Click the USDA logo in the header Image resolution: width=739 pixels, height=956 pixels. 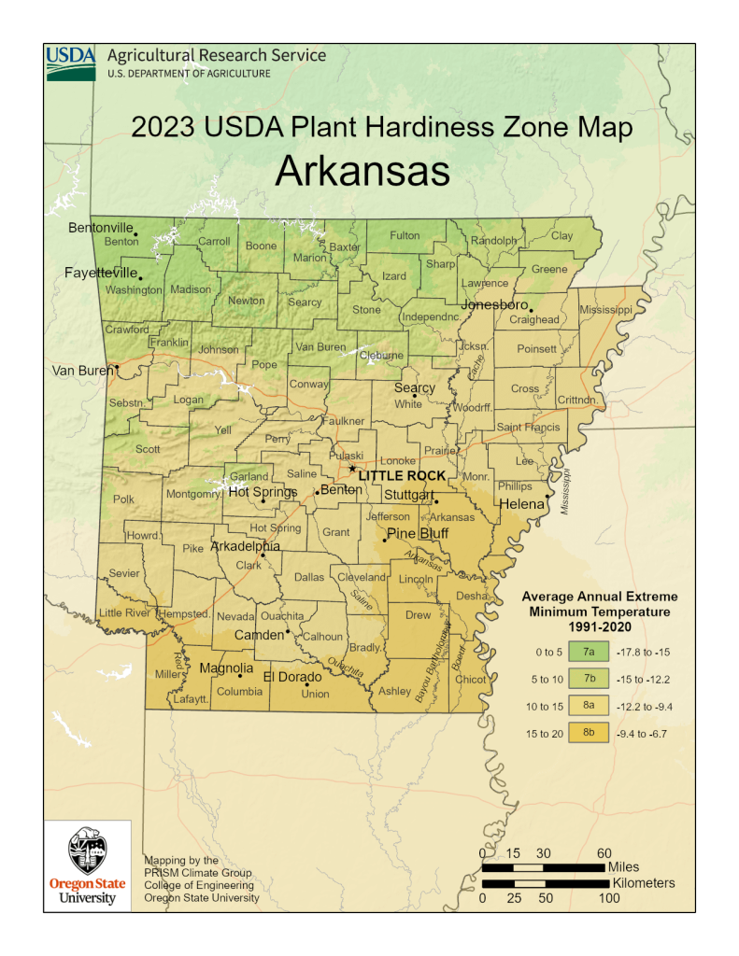point(71,62)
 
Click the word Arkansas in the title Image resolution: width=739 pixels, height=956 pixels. point(363,173)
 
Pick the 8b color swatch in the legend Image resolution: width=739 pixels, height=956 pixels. point(590,733)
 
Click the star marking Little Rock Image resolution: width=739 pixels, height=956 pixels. point(352,469)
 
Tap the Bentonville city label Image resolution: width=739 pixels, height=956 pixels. point(101,227)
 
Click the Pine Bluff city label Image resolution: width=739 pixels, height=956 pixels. point(418,533)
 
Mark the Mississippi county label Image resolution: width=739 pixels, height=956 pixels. point(605,309)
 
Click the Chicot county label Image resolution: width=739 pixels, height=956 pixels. point(471,679)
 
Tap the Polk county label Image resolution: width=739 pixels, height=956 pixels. point(123,499)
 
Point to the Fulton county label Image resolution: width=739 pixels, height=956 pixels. point(405,235)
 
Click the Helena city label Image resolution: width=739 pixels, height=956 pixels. point(526,504)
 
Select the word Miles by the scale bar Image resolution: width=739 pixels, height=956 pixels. point(623,867)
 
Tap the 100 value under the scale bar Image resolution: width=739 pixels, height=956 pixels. point(608,898)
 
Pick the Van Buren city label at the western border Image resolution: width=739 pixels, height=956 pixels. point(81,371)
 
